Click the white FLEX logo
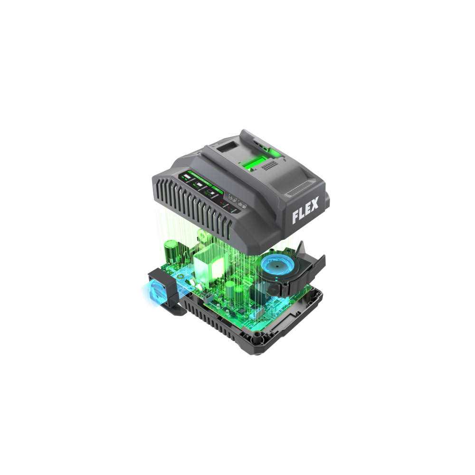pyautogui.click(x=305, y=217)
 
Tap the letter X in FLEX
pyautogui.click(x=315, y=214)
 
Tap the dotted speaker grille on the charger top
pyautogui.click(x=270, y=165)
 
